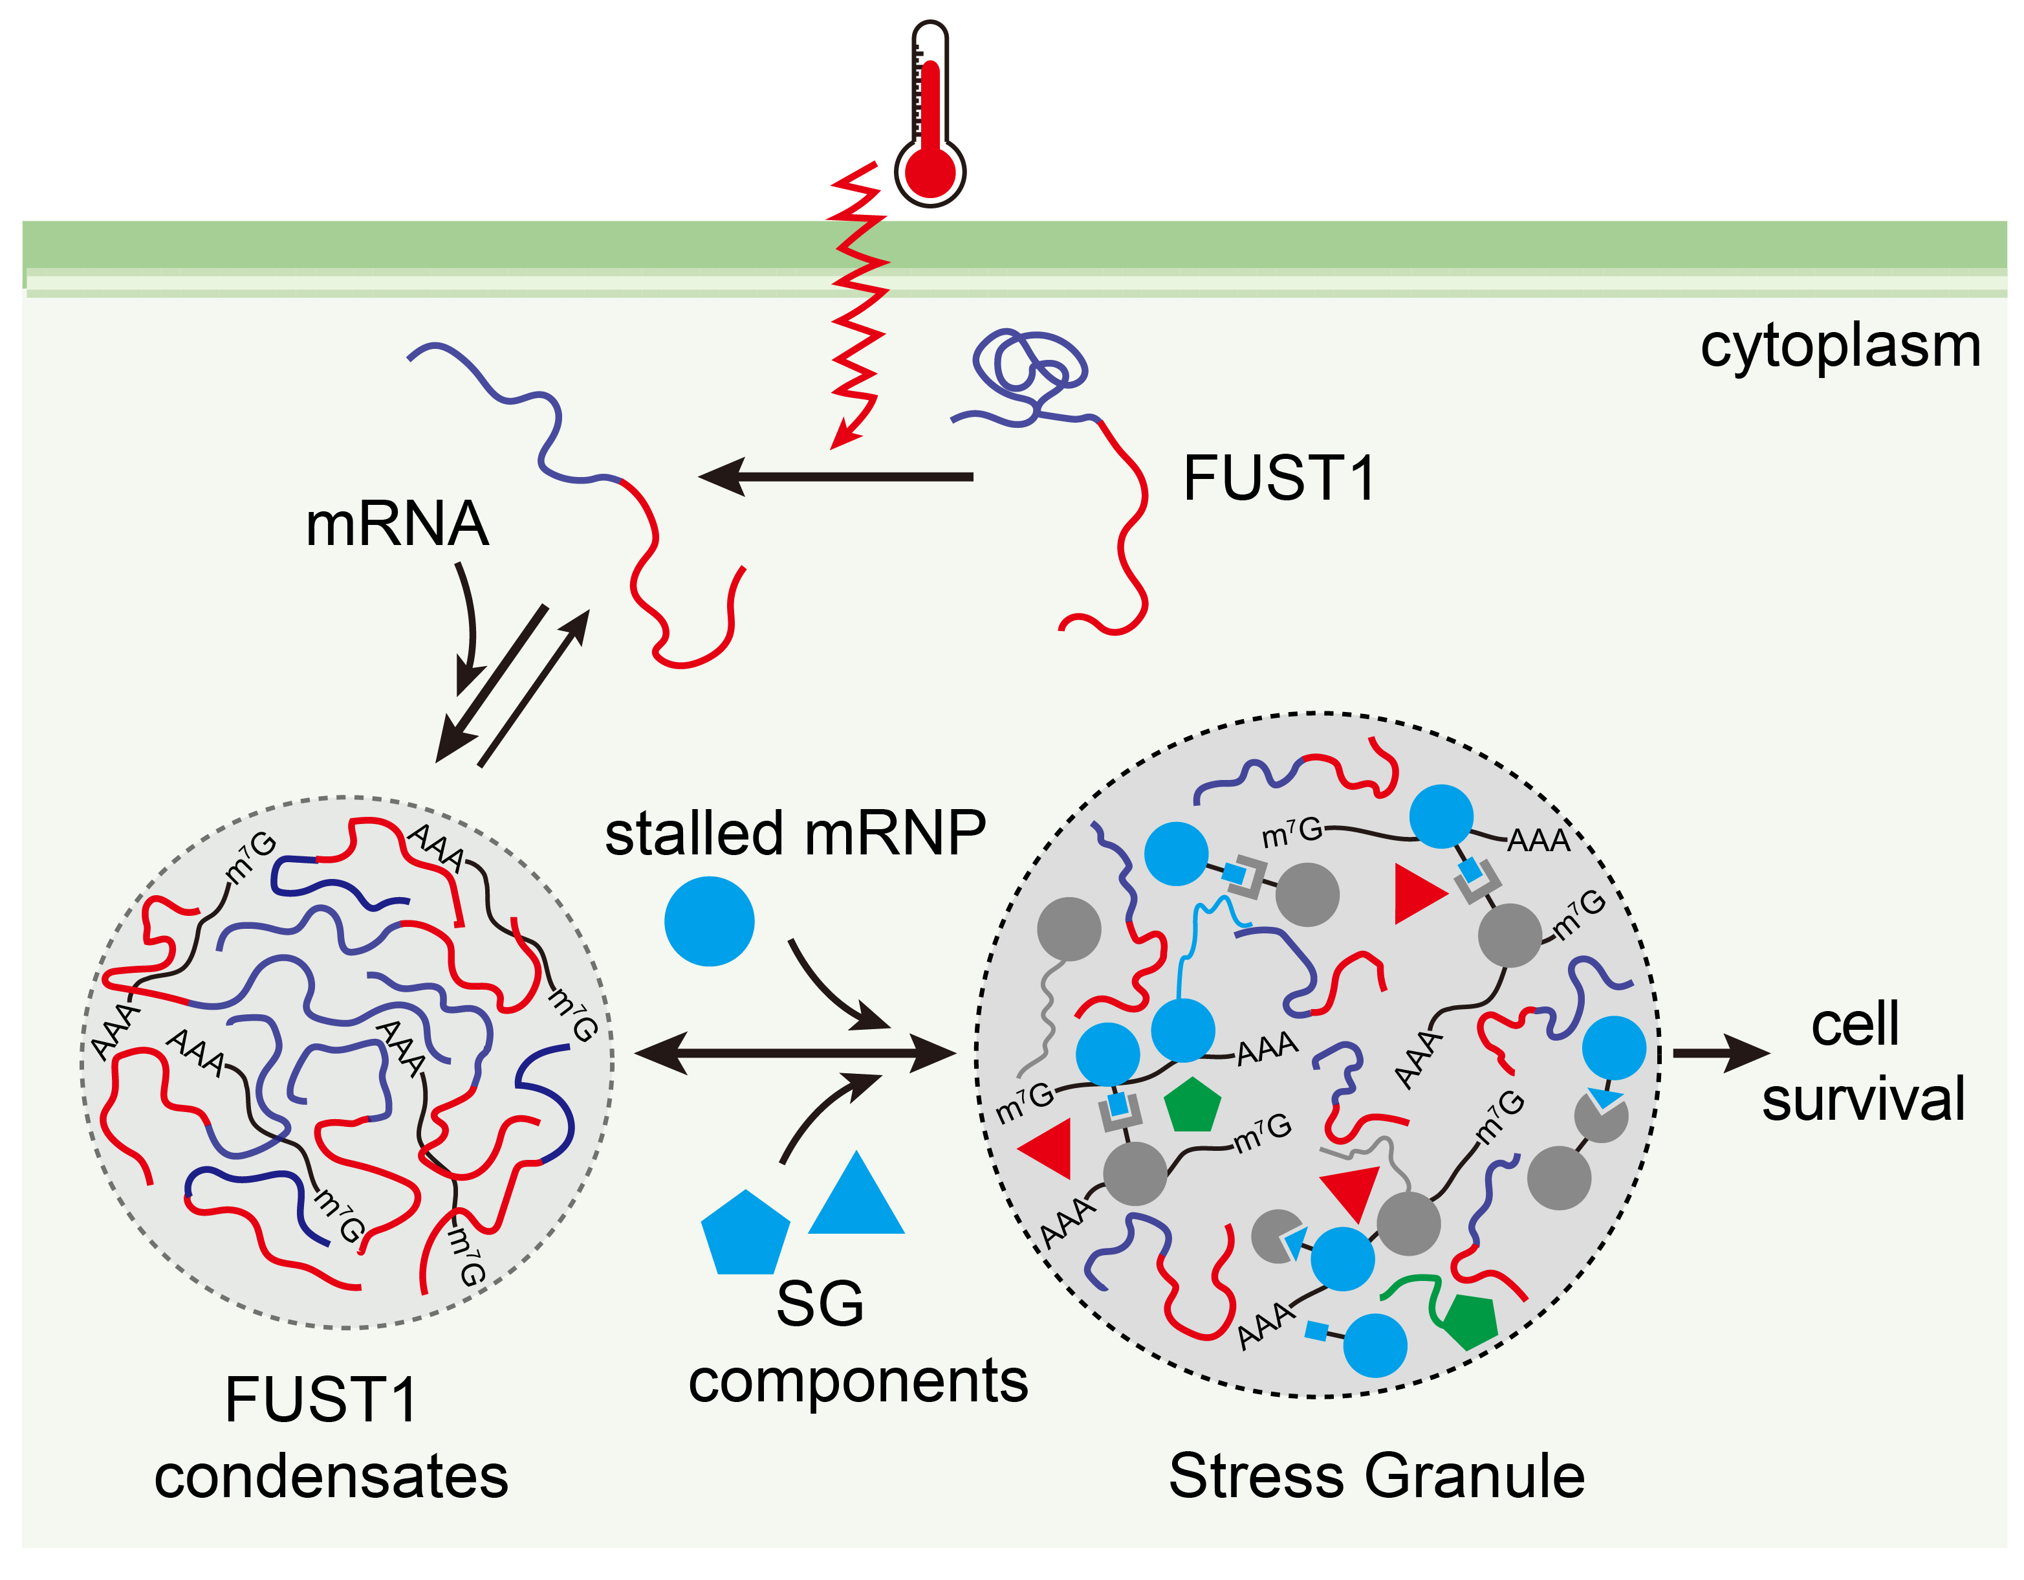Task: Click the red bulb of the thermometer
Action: (930, 172)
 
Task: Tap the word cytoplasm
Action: (1840, 348)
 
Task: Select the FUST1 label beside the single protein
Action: (1278, 480)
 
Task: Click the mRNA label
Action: (397, 525)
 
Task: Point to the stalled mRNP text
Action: (795, 832)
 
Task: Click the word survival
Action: (1863, 1100)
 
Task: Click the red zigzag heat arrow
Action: (857, 306)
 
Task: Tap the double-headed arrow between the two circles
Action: (795, 1053)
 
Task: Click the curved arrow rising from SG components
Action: (820, 1113)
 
